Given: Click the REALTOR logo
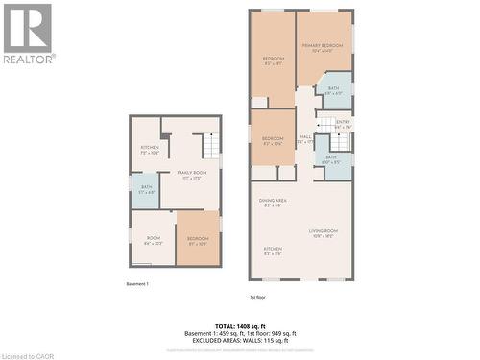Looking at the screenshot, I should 28,33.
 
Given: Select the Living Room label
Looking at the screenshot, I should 323,231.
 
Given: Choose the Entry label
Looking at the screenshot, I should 343,123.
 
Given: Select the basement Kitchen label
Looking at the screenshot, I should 149,149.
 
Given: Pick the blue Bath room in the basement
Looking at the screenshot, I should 146,189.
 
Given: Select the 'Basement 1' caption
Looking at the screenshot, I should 137,283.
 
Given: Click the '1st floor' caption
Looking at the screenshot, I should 256,298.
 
